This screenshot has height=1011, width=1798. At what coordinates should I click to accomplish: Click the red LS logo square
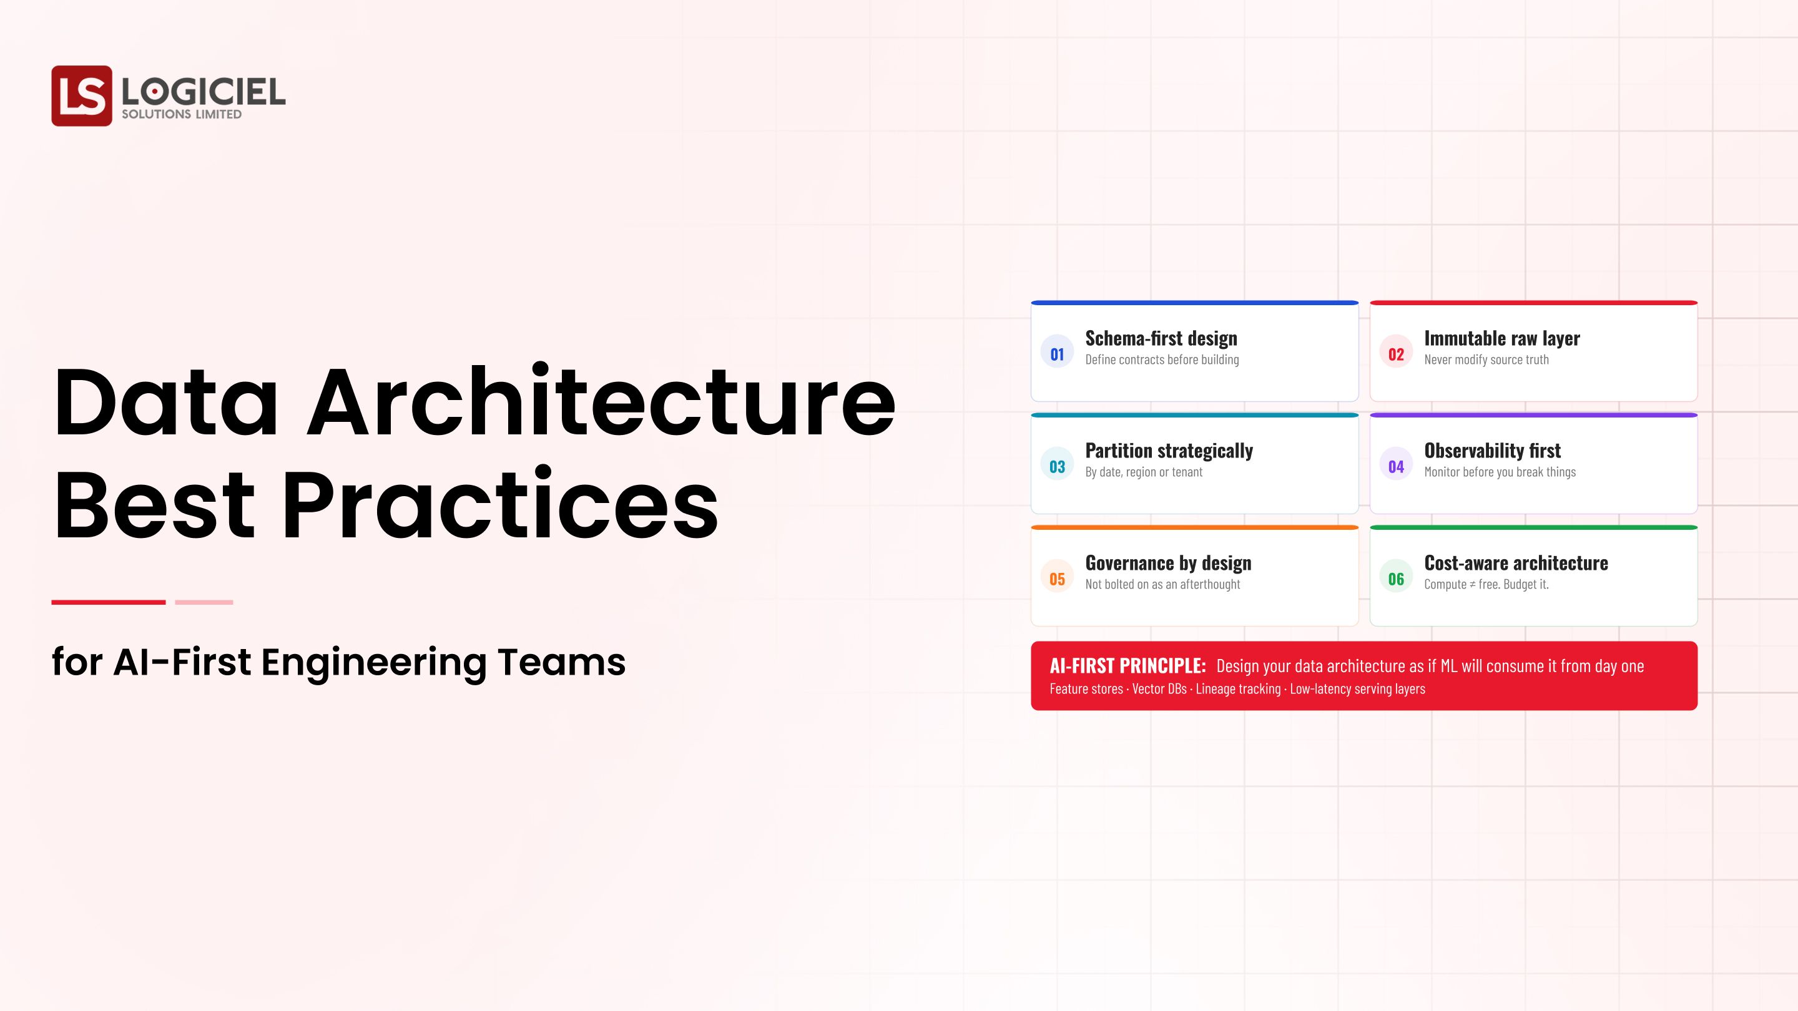point(82,95)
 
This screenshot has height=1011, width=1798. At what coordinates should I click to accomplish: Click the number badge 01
point(1057,354)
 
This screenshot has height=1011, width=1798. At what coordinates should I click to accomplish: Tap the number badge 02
point(1395,354)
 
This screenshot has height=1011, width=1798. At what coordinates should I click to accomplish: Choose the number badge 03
point(1057,466)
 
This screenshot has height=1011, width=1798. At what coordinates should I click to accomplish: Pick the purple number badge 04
point(1395,466)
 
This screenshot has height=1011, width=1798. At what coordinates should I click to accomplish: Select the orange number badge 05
point(1057,579)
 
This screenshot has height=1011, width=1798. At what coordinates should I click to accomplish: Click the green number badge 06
point(1395,579)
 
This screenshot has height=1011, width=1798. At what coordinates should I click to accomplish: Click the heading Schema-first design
point(1161,338)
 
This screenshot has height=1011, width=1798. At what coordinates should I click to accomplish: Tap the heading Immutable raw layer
point(1501,338)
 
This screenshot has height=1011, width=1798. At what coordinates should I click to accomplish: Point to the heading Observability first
point(1492,451)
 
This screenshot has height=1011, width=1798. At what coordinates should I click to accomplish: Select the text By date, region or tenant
point(1143,472)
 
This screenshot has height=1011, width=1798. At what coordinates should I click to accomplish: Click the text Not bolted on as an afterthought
point(1162,585)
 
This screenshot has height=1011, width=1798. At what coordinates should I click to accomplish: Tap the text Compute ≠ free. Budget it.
point(1486,585)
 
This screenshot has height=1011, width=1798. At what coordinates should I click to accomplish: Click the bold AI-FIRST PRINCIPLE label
point(1127,666)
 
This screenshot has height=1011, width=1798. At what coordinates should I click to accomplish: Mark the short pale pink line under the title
point(204,602)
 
